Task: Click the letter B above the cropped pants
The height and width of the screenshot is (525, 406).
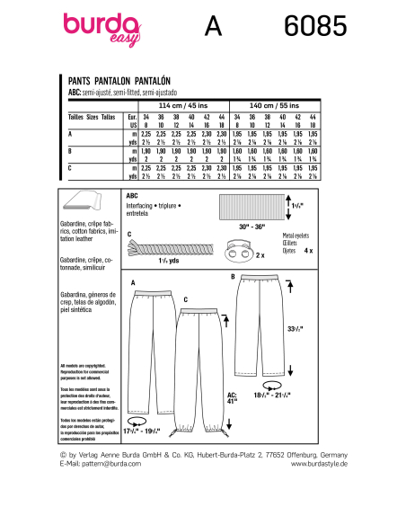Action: (233, 276)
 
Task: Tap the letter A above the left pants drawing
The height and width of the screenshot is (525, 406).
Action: (133, 284)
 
